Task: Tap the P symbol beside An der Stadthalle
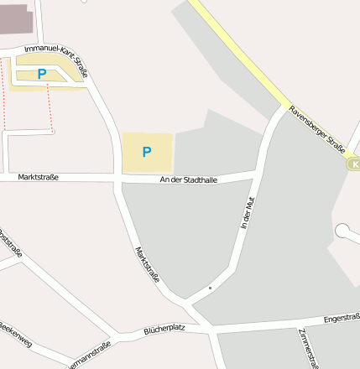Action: [x=147, y=152]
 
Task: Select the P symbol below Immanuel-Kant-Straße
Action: [x=42, y=75]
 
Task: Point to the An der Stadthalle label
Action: [x=189, y=180]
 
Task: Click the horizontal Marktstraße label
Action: [x=38, y=176]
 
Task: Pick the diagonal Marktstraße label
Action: [x=147, y=264]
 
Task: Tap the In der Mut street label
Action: [x=246, y=213]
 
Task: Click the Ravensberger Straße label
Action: [x=317, y=129]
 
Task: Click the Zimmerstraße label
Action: [x=307, y=347]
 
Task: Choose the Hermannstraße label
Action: [x=89, y=355]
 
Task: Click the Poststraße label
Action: [x=10, y=242]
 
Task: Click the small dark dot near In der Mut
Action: [x=210, y=288]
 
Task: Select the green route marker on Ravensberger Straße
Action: [x=354, y=164]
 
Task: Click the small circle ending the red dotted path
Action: [x=52, y=131]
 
